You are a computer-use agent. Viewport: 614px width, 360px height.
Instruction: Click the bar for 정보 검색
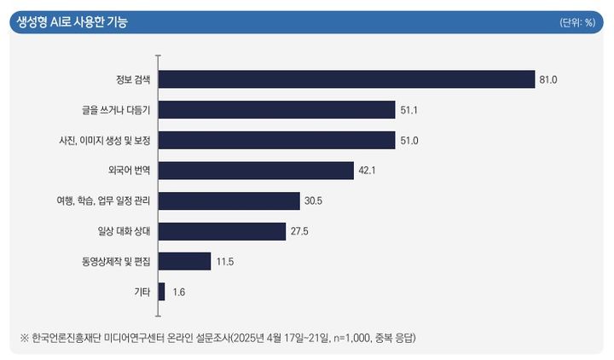345,79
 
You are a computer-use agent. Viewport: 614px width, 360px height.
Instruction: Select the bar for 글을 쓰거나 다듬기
277,110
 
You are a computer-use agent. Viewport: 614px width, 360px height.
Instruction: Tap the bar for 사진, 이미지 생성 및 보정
276,140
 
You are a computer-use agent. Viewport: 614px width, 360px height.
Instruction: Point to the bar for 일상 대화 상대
222,231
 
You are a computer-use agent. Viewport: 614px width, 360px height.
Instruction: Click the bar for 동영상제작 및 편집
184,261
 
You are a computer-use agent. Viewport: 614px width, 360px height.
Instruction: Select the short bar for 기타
161,292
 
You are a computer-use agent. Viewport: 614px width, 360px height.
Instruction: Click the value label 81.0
548,79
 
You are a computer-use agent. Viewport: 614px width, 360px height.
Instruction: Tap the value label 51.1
411,110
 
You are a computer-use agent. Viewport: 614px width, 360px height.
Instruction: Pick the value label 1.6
179,292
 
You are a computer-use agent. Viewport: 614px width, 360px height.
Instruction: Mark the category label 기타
142,292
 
